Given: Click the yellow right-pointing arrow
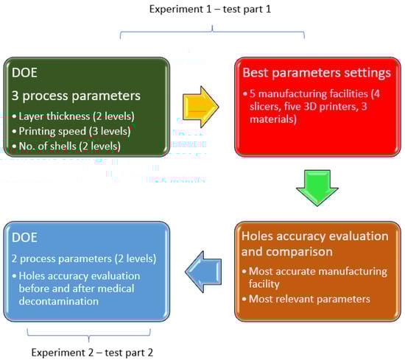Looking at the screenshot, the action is (x=200, y=107).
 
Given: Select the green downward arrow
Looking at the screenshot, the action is (x=317, y=188).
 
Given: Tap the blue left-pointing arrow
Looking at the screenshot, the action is (x=203, y=272).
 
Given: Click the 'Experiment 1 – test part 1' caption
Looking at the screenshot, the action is (x=211, y=10).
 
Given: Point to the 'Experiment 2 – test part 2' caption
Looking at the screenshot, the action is (x=92, y=353).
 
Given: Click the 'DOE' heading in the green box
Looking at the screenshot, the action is (x=24, y=73).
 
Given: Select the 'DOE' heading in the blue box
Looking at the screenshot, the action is (x=24, y=237).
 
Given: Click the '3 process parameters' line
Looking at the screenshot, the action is (x=76, y=96).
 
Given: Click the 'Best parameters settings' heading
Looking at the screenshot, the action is (x=317, y=73).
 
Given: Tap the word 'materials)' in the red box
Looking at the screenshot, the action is (x=273, y=119).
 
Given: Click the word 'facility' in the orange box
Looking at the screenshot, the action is (x=264, y=284).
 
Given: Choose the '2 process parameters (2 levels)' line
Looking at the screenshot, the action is (x=84, y=258).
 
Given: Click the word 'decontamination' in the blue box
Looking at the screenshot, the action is (x=59, y=301).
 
